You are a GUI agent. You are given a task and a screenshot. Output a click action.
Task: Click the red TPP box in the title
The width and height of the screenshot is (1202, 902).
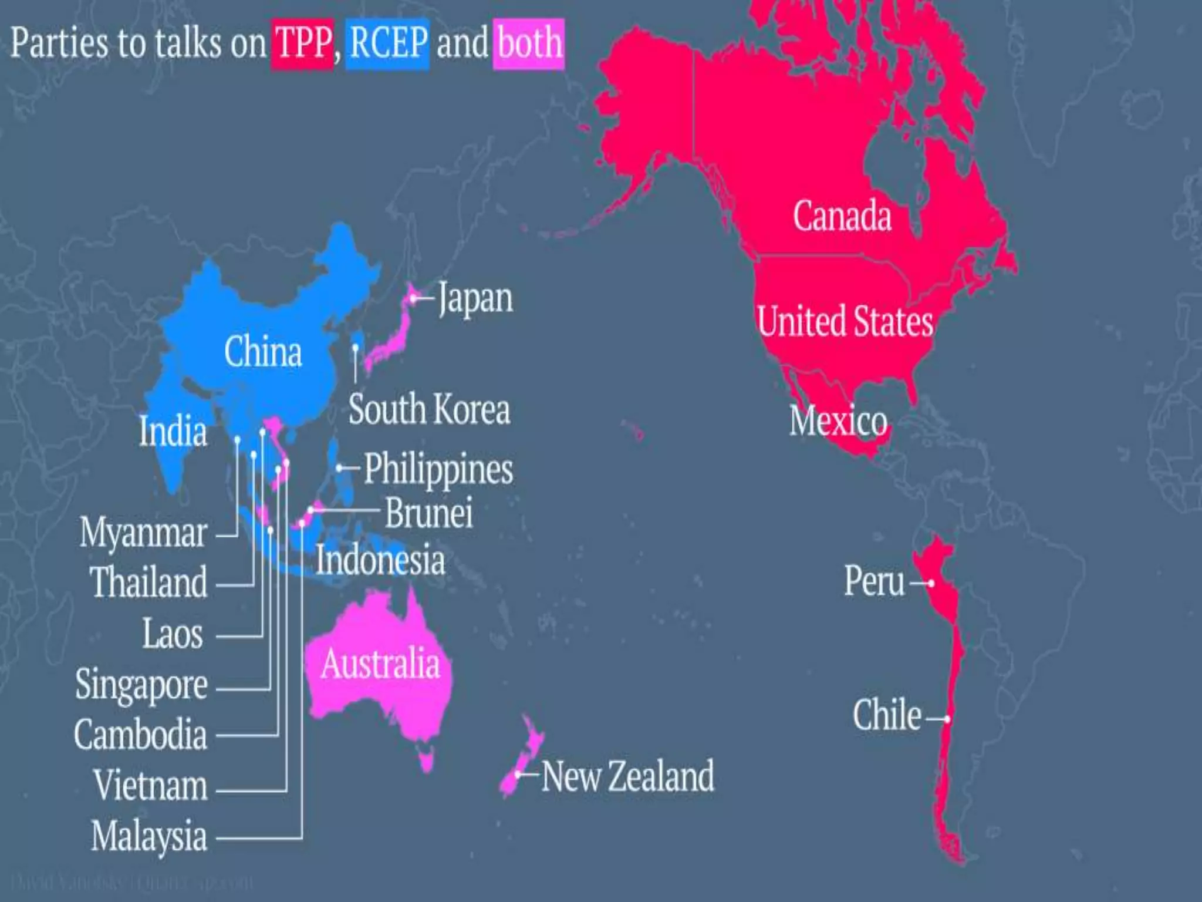[302, 43]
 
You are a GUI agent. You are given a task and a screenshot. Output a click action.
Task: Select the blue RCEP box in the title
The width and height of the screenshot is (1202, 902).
[387, 43]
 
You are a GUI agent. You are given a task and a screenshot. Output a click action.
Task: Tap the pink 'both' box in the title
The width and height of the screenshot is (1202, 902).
[528, 43]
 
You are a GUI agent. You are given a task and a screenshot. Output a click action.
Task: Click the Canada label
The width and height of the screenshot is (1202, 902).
[842, 216]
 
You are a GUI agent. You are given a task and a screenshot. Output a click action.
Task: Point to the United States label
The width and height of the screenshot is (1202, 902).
[845, 321]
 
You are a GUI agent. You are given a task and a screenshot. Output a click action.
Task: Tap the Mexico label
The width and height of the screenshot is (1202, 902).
[838, 421]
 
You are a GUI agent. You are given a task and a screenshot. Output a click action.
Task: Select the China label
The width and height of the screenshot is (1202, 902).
[263, 352]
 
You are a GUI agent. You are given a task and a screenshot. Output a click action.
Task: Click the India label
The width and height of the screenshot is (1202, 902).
[173, 430]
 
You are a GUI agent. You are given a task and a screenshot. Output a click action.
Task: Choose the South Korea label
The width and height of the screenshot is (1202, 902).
[429, 409]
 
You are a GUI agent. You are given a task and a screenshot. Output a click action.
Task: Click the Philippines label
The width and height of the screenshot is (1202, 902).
[438, 469]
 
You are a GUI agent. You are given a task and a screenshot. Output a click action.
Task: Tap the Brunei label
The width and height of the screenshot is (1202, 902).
[428, 513]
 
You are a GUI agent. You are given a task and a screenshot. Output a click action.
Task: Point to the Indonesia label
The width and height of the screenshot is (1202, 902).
[380, 560]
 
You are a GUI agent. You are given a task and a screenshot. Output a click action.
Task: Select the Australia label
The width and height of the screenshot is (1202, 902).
[380, 664]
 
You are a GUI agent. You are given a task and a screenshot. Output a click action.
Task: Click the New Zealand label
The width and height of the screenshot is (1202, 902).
[627, 776]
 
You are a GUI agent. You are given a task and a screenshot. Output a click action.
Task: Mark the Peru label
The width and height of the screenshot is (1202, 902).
[874, 581]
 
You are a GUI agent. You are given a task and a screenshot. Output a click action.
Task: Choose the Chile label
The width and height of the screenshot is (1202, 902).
[887, 715]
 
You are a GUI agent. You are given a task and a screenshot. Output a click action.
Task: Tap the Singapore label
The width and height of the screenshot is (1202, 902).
[141, 685]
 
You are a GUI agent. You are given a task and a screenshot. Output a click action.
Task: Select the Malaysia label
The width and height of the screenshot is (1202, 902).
[149, 836]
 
